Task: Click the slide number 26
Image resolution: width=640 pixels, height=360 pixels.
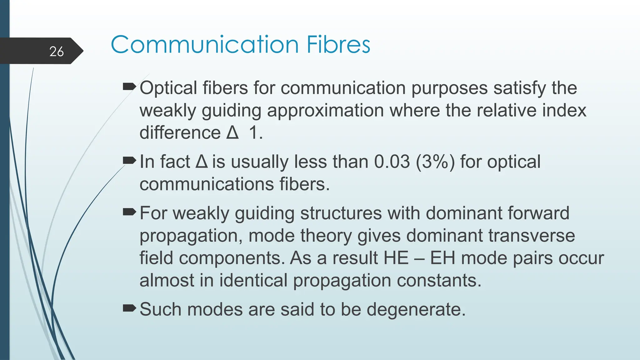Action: coord(56,52)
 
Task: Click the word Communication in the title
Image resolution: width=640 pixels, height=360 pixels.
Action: coord(205,45)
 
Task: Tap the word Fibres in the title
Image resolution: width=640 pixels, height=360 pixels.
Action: coord(338,45)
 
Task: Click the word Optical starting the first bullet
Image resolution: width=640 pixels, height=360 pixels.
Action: coord(168,88)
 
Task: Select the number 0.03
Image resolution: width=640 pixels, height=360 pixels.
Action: coord(392,162)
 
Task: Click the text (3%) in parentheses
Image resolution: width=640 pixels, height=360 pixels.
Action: coord(435,162)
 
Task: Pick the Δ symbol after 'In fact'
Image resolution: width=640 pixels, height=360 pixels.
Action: coord(202,162)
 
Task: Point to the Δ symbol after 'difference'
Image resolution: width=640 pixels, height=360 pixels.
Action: coord(232,132)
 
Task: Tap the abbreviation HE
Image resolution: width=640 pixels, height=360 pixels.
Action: coord(396,258)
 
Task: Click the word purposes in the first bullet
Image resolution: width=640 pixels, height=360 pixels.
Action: coord(449,88)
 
